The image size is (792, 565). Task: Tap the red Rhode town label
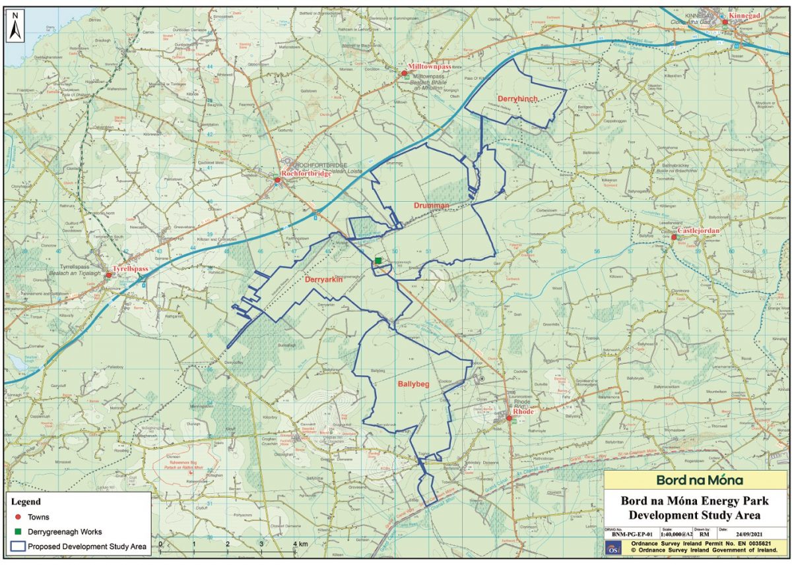point(523,411)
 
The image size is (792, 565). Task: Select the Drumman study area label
point(432,206)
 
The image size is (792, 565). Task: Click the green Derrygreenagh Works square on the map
point(378,261)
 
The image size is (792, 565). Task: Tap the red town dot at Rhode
point(509,417)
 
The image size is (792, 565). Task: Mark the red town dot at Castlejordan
point(674,237)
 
